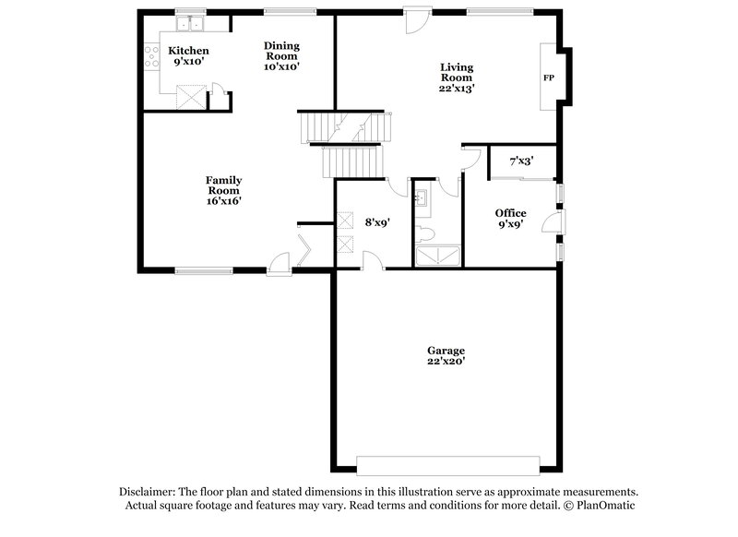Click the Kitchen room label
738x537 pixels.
click(187, 56)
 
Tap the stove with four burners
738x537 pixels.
click(149, 59)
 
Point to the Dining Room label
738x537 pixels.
click(281, 55)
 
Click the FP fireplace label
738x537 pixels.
click(549, 78)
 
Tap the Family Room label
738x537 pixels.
click(223, 190)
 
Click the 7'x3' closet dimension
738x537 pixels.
click(521, 161)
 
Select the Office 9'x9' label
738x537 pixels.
click(510, 219)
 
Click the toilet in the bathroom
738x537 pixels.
click(425, 233)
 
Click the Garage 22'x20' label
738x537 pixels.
click(446, 356)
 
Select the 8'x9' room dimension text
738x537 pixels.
click(378, 222)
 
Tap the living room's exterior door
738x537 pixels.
click(417, 20)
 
